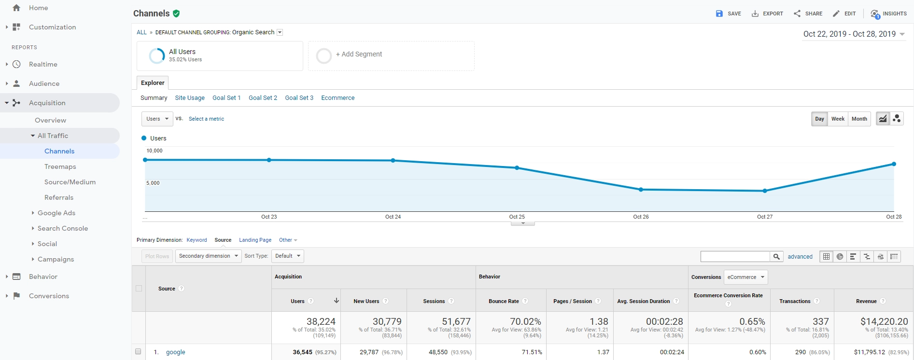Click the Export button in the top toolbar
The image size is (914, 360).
click(x=767, y=14)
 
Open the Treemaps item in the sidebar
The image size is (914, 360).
click(x=60, y=166)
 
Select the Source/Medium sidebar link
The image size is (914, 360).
click(x=70, y=182)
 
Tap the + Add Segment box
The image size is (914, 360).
click(x=391, y=55)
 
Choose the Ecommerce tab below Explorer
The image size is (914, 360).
click(x=337, y=97)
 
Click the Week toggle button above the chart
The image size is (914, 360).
click(x=838, y=119)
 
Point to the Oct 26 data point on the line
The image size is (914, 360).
click(x=641, y=190)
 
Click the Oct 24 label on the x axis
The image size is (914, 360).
click(x=393, y=217)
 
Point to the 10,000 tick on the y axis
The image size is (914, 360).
click(x=155, y=151)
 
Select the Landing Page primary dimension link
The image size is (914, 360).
click(x=255, y=240)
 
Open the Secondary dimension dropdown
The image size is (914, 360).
click(x=208, y=256)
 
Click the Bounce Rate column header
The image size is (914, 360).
click(x=504, y=301)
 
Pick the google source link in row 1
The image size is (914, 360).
click(x=175, y=352)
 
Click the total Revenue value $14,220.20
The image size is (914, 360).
click(x=884, y=321)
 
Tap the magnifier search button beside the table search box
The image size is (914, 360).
click(x=776, y=257)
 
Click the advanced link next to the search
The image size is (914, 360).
click(x=800, y=257)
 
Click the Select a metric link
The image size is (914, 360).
click(x=206, y=119)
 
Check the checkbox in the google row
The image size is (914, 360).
click(x=138, y=352)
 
